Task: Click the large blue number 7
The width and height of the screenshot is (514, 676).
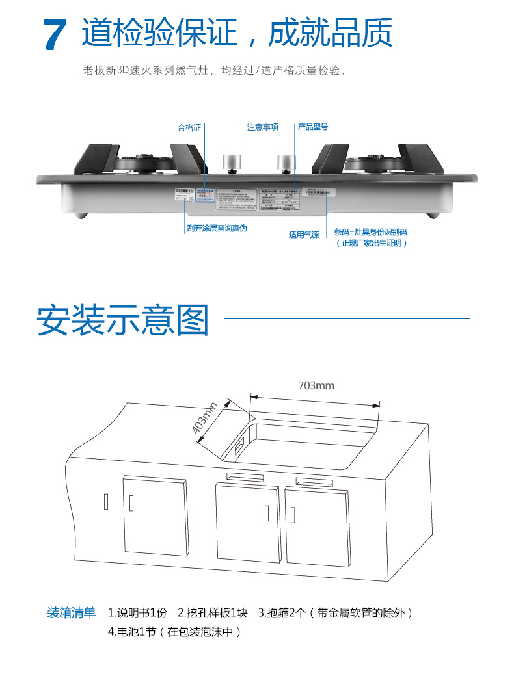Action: [55, 34]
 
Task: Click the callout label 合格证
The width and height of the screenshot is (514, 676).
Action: [189, 127]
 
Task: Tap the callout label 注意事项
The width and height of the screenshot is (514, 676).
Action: [263, 127]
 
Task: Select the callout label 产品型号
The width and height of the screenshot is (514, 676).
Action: [313, 127]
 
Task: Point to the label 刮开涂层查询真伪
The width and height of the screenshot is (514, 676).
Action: [217, 229]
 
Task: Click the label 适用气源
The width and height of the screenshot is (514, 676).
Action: [304, 235]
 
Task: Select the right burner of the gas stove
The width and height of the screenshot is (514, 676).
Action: [374, 161]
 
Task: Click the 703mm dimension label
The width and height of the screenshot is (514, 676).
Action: [316, 385]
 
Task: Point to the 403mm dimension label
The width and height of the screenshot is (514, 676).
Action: [206, 419]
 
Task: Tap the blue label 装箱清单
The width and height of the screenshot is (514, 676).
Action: [71, 612]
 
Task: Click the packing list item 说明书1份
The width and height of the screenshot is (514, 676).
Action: [137, 612]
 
